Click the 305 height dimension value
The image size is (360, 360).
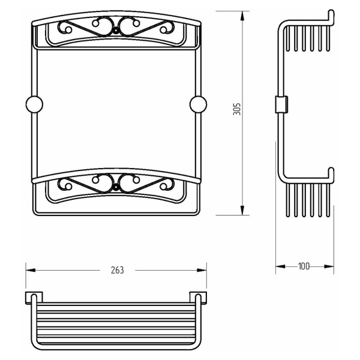(x=237, y=109)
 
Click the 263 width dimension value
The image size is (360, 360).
(x=118, y=270)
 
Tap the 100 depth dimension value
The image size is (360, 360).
(x=304, y=266)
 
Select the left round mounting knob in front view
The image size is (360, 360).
(x=34, y=104)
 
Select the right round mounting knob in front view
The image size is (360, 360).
(x=198, y=104)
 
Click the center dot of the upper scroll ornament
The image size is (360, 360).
(x=116, y=31)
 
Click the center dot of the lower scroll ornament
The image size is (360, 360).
(x=116, y=188)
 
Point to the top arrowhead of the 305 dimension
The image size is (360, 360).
(x=242, y=16)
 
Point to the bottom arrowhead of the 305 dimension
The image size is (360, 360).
(x=242, y=211)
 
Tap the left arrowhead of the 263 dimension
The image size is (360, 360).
(x=31, y=270)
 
